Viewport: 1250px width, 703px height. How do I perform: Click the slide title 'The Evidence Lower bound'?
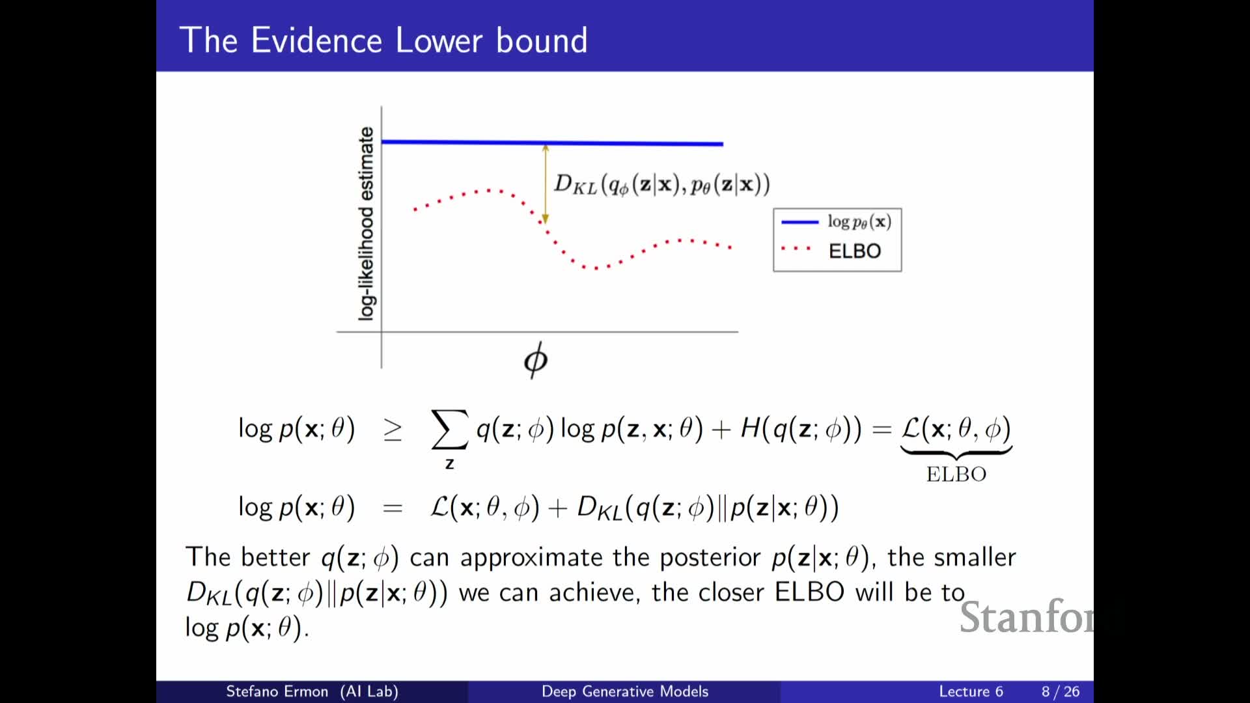coord(383,40)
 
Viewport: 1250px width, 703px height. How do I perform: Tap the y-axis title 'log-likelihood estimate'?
coord(367,223)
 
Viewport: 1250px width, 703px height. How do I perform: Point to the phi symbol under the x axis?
coord(536,359)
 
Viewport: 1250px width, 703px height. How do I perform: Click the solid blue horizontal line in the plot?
coord(552,143)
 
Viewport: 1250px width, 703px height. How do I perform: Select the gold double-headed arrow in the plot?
coord(546,184)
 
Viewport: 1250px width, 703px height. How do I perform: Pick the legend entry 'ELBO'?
coord(855,251)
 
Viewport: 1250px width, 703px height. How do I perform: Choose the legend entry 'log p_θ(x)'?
coord(859,221)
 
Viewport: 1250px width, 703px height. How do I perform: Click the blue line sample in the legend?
coord(799,222)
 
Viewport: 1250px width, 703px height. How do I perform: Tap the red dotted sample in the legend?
coord(796,249)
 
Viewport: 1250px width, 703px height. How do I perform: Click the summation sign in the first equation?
coord(449,429)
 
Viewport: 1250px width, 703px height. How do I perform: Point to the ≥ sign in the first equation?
coord(393,430)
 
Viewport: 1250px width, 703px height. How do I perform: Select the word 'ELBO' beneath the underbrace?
coord(956,474)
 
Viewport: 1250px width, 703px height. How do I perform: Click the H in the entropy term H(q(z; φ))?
coord(751,428)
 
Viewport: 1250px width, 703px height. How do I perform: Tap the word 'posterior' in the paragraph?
coord(710,558)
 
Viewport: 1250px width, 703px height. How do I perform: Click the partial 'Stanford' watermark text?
coord(1027,617)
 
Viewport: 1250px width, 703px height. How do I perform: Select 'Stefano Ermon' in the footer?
coord(277,691)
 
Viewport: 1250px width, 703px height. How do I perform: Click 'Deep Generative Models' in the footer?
coord(625,691)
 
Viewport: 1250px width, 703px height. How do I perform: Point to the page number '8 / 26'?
coord(1061,691)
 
